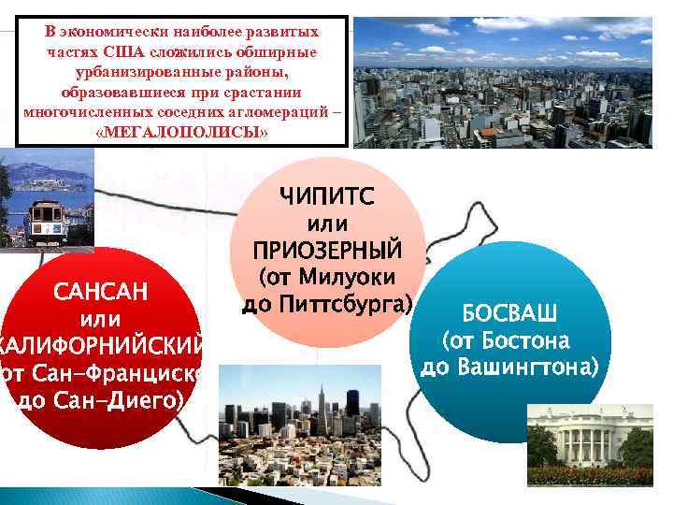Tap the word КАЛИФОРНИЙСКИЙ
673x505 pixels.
click(105, 347)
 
